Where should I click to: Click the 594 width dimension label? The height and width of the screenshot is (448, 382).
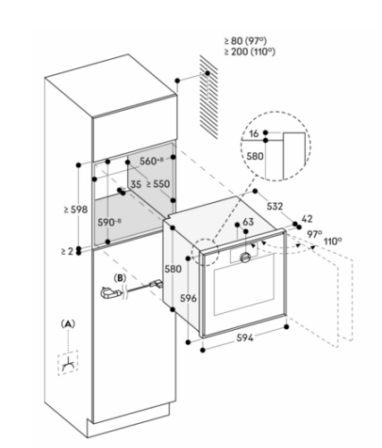(244, 338)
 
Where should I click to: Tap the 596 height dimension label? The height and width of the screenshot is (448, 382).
(189, 298)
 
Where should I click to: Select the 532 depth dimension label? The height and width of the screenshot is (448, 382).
(275, 206)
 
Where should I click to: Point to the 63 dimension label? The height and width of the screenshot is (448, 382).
(248, 222)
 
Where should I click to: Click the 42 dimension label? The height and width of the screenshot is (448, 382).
(307, 219)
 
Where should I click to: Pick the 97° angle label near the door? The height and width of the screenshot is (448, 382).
(315, 234)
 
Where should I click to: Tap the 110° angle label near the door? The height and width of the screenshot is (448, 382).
(333, 241)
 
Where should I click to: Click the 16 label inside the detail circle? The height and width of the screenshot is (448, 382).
(254, 133)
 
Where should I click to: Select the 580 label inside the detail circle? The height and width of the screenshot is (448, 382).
(255, 156)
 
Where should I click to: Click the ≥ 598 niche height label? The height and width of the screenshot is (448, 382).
(76, 209)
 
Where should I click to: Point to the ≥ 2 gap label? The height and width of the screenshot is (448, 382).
(67, 251)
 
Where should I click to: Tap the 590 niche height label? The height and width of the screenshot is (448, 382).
(109, 222)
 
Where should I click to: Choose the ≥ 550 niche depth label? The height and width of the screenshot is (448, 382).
(158, 184)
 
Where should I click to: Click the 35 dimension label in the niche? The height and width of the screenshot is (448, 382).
(136, 184)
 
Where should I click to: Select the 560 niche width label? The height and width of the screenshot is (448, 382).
(151, 161)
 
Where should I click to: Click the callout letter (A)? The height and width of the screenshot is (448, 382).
(68, 324)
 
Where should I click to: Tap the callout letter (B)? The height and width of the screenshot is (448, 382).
(120, 278)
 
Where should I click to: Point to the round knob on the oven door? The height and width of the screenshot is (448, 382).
(245, 258)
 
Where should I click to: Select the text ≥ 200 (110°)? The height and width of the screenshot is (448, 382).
(250, 52)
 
